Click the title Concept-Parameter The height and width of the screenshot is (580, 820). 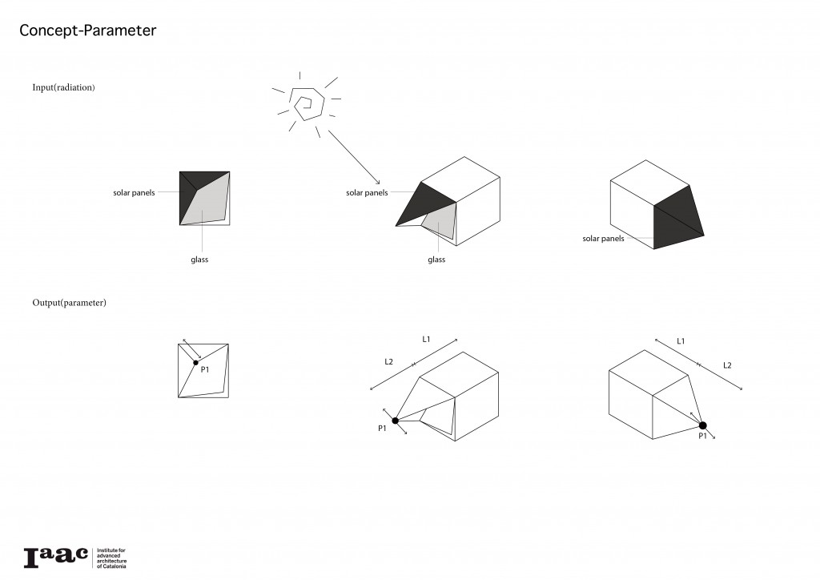(x=87, y=31)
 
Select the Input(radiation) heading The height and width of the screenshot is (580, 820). (x=64, y=87)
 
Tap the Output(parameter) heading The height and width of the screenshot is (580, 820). (x=70, y=303)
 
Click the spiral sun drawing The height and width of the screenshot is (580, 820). (x=307, y=104)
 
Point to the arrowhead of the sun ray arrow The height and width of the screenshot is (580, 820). (x=379, y=183)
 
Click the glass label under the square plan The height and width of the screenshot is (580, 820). (x=200, y=260)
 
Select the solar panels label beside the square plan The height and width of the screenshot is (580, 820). (x=134, y=193)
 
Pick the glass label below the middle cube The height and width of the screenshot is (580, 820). (x=436, y=260)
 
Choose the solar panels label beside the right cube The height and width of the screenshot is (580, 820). (x=603, y=239)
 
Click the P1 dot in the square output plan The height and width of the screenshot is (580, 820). (x=195, y=363)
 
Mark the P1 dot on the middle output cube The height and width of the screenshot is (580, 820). (x=396, y=420)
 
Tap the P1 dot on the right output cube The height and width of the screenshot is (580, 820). (x=702, y=425)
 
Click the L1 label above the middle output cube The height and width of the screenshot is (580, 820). (x=427, y=340)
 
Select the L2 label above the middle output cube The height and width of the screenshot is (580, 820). (x=388, y=362)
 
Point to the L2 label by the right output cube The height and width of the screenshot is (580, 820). (x=727, y=365)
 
